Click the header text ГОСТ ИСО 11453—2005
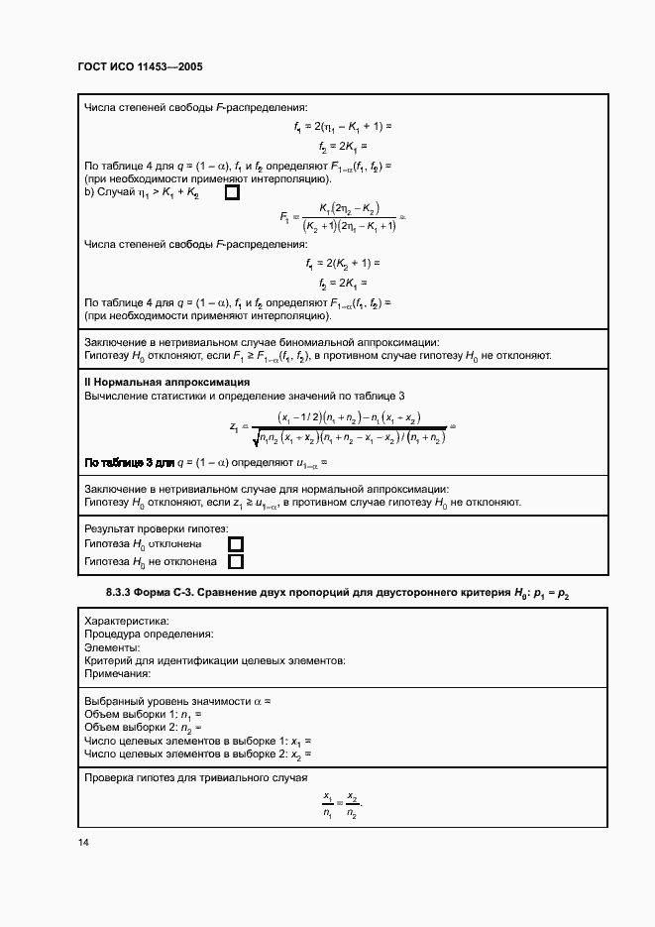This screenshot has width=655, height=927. coord(140,67)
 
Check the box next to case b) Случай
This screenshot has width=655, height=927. coord(233,192)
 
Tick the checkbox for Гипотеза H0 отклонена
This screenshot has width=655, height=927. coord(236,544)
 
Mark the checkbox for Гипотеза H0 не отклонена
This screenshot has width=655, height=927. coord(236,562)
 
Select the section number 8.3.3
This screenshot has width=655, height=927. coord(125,593)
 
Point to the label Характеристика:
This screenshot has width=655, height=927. coord(127,621)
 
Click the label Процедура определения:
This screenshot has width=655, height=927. coord(149,634)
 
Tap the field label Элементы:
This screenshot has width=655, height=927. coord(112,646)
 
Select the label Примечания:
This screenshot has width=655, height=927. coord(117,673)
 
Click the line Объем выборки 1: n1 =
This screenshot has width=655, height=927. coord(143,714)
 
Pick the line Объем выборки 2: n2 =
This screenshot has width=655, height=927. coord(143,727)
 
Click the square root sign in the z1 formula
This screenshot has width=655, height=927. coord(259,437)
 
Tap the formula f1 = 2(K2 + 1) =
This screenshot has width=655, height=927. coord(343,264)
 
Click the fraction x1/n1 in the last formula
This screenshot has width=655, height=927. coord(328,804)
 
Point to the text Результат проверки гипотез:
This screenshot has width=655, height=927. coord(157,529)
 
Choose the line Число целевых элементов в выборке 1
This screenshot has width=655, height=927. coord(198,741)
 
